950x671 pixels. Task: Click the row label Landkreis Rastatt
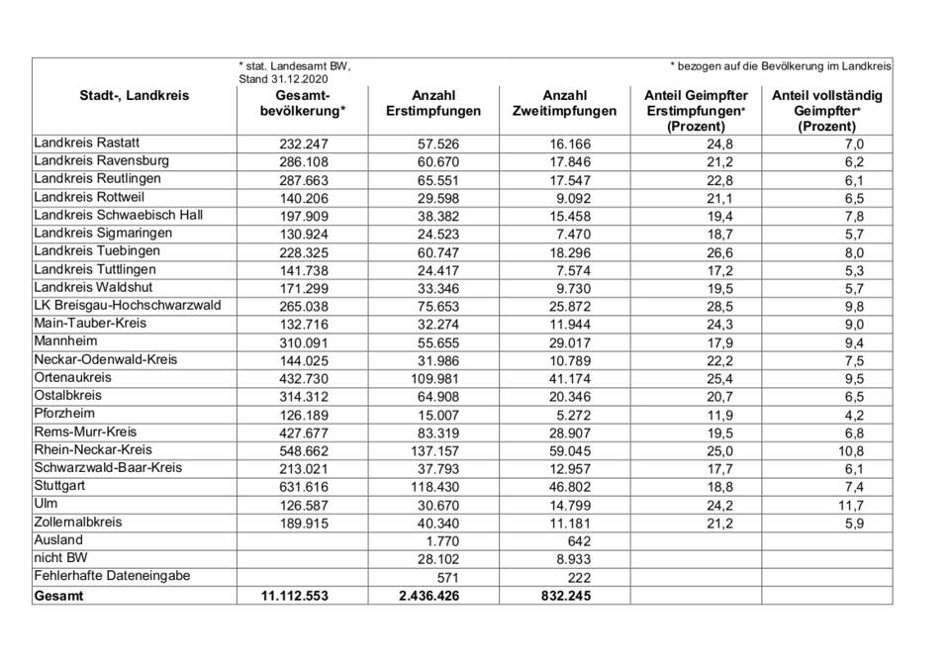click(86, 144)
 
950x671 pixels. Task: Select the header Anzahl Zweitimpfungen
click(565, 104)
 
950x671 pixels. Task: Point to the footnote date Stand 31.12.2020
click(282, 78)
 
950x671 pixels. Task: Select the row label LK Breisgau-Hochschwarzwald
click(127, 305)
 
